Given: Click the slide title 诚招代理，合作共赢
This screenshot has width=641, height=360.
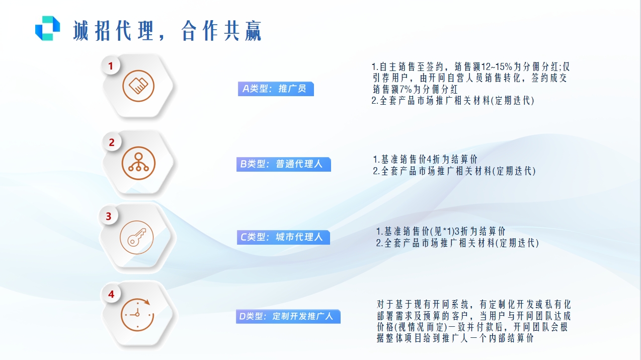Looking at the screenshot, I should pos(168,30).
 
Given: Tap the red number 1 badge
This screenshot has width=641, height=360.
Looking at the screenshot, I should pos(111,65).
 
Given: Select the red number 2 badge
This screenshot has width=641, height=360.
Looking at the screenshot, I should pos(112,142).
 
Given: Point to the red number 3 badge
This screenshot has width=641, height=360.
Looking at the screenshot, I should pos(109,217).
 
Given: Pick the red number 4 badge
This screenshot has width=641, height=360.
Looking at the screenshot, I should pos(111,294).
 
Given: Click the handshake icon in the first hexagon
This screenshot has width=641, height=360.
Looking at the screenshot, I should pos(138,86).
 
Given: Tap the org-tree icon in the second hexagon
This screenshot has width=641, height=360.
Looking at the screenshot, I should pos(138,163).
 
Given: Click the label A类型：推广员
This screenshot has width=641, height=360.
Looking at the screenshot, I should pos(276,89).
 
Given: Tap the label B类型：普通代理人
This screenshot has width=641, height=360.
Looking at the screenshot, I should pos(284,164).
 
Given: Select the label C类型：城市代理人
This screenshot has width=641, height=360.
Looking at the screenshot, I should pos(283,237).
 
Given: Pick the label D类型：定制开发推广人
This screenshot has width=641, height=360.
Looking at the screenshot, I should pos(288,317).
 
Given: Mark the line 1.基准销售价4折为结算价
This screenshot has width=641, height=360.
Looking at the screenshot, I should pos(425,160).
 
